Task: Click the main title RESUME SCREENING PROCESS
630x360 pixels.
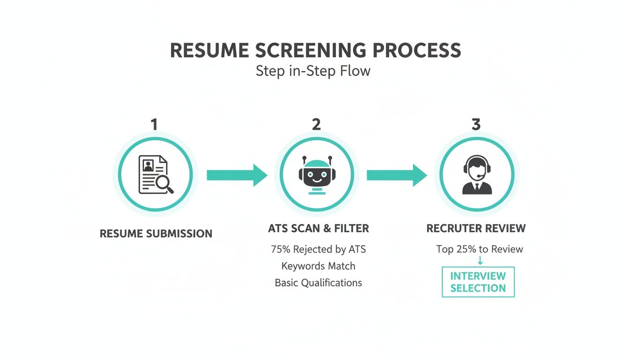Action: click(x=315, y=51)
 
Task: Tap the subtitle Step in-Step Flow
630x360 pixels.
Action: click(x=313, y=71)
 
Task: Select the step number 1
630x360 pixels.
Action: click(x=154, y=124)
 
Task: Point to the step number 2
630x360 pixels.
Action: click(x=316, y=124)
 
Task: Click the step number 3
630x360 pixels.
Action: click(x=476, y=124)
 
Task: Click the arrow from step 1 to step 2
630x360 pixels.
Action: click(x=237, y=175)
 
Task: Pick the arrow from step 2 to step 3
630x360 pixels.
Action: click(x=397, y=175)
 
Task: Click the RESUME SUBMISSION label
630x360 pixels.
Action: click(x=156, y=233)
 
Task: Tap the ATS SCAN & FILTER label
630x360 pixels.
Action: click(x=318, y=229)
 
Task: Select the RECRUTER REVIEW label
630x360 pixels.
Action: click(x=476, y=229)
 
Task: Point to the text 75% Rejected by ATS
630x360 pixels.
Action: click(x=318, y=249)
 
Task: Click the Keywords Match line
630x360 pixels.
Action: click(x=318, y=266)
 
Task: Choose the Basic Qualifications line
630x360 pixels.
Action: click(x=318, y=283)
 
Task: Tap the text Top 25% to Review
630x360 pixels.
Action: click(x=480, y=249)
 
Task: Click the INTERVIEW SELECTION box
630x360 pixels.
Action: click(x=478, y=282)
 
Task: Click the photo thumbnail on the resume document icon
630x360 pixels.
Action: click(x=149, y=165)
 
